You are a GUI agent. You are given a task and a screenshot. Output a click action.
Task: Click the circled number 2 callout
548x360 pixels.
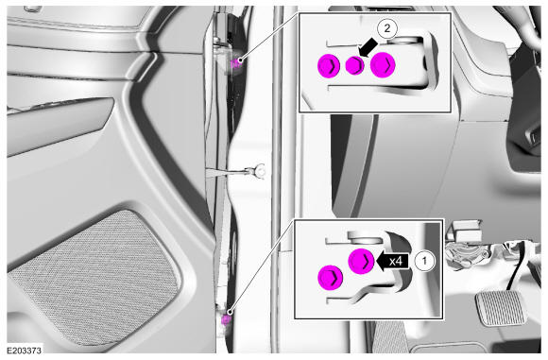pos(386,28)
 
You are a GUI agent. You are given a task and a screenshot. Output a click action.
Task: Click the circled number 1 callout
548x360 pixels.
pos(425,261)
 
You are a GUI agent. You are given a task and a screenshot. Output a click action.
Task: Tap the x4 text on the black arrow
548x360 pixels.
pos(395,261)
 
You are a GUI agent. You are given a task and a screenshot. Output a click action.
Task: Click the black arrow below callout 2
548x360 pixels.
pos(368,47)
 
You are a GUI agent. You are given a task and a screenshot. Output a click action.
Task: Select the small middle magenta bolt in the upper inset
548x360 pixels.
pos(354,65)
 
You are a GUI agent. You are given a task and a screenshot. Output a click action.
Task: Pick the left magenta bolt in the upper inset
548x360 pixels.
pos(329,65)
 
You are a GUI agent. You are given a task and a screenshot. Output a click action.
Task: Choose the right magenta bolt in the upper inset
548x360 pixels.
pos(383,64)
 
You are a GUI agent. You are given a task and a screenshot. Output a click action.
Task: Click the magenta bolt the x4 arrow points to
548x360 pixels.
pos(361,261)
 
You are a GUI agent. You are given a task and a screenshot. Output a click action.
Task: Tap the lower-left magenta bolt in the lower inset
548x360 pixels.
pos(331,277)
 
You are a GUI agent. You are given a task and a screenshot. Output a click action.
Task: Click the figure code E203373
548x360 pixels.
pos(25,351)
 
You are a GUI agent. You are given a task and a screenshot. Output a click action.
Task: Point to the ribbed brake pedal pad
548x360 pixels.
pos(501,307)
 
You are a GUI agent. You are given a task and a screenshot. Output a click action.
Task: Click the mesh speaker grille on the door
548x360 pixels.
pos(94,276)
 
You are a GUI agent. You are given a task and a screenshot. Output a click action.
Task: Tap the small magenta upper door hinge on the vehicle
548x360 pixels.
pos(236,64)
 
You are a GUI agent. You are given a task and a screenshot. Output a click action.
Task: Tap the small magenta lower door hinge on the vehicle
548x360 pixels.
pos(226,319)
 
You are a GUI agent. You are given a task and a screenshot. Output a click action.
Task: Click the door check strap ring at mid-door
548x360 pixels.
pos(260,170)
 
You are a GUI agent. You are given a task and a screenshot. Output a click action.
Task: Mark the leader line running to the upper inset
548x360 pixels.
pos(269,37)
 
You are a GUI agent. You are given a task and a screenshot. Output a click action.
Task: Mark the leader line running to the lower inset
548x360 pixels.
pos(262,266)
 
